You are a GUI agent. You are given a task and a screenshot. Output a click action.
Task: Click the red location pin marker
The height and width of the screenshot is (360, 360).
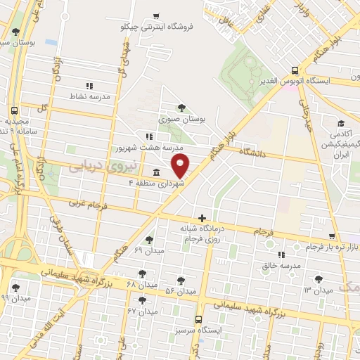pyautogui.click(x=181, y=166)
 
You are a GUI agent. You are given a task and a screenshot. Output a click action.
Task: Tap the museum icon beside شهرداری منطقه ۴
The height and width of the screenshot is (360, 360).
pyautogui.click(x=155, y=172)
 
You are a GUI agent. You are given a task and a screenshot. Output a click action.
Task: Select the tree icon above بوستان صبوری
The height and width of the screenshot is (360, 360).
pyautogui.click(x=182, y=108)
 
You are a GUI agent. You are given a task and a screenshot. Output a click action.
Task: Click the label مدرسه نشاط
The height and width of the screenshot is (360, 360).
pyautogui.click(x=89, y=96)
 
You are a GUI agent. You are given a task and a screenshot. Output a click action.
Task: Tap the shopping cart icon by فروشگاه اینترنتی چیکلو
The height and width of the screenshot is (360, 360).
pyautogui.click(x=156, y=15)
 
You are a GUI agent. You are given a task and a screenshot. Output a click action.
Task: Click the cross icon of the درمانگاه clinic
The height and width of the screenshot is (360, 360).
pyautogui.click(x=202, y=218)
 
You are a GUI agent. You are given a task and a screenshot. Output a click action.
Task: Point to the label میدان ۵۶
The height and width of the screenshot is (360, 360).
pyautogui.click(x=180, y=291)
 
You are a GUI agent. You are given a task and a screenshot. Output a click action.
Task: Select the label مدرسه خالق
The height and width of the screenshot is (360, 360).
pyautogui.click(x=281, y=266)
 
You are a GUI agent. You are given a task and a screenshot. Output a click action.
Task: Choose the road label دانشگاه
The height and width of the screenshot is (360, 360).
pyautogui.click(x=255, y=152)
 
